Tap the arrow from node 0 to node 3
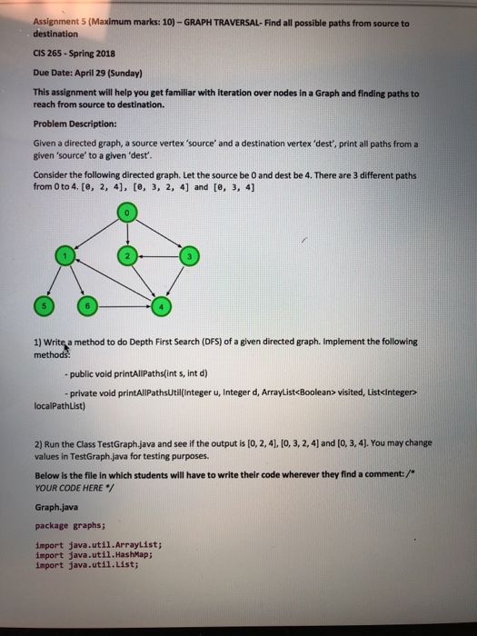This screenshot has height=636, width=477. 162,235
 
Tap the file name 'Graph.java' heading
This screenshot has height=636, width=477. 55,509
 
